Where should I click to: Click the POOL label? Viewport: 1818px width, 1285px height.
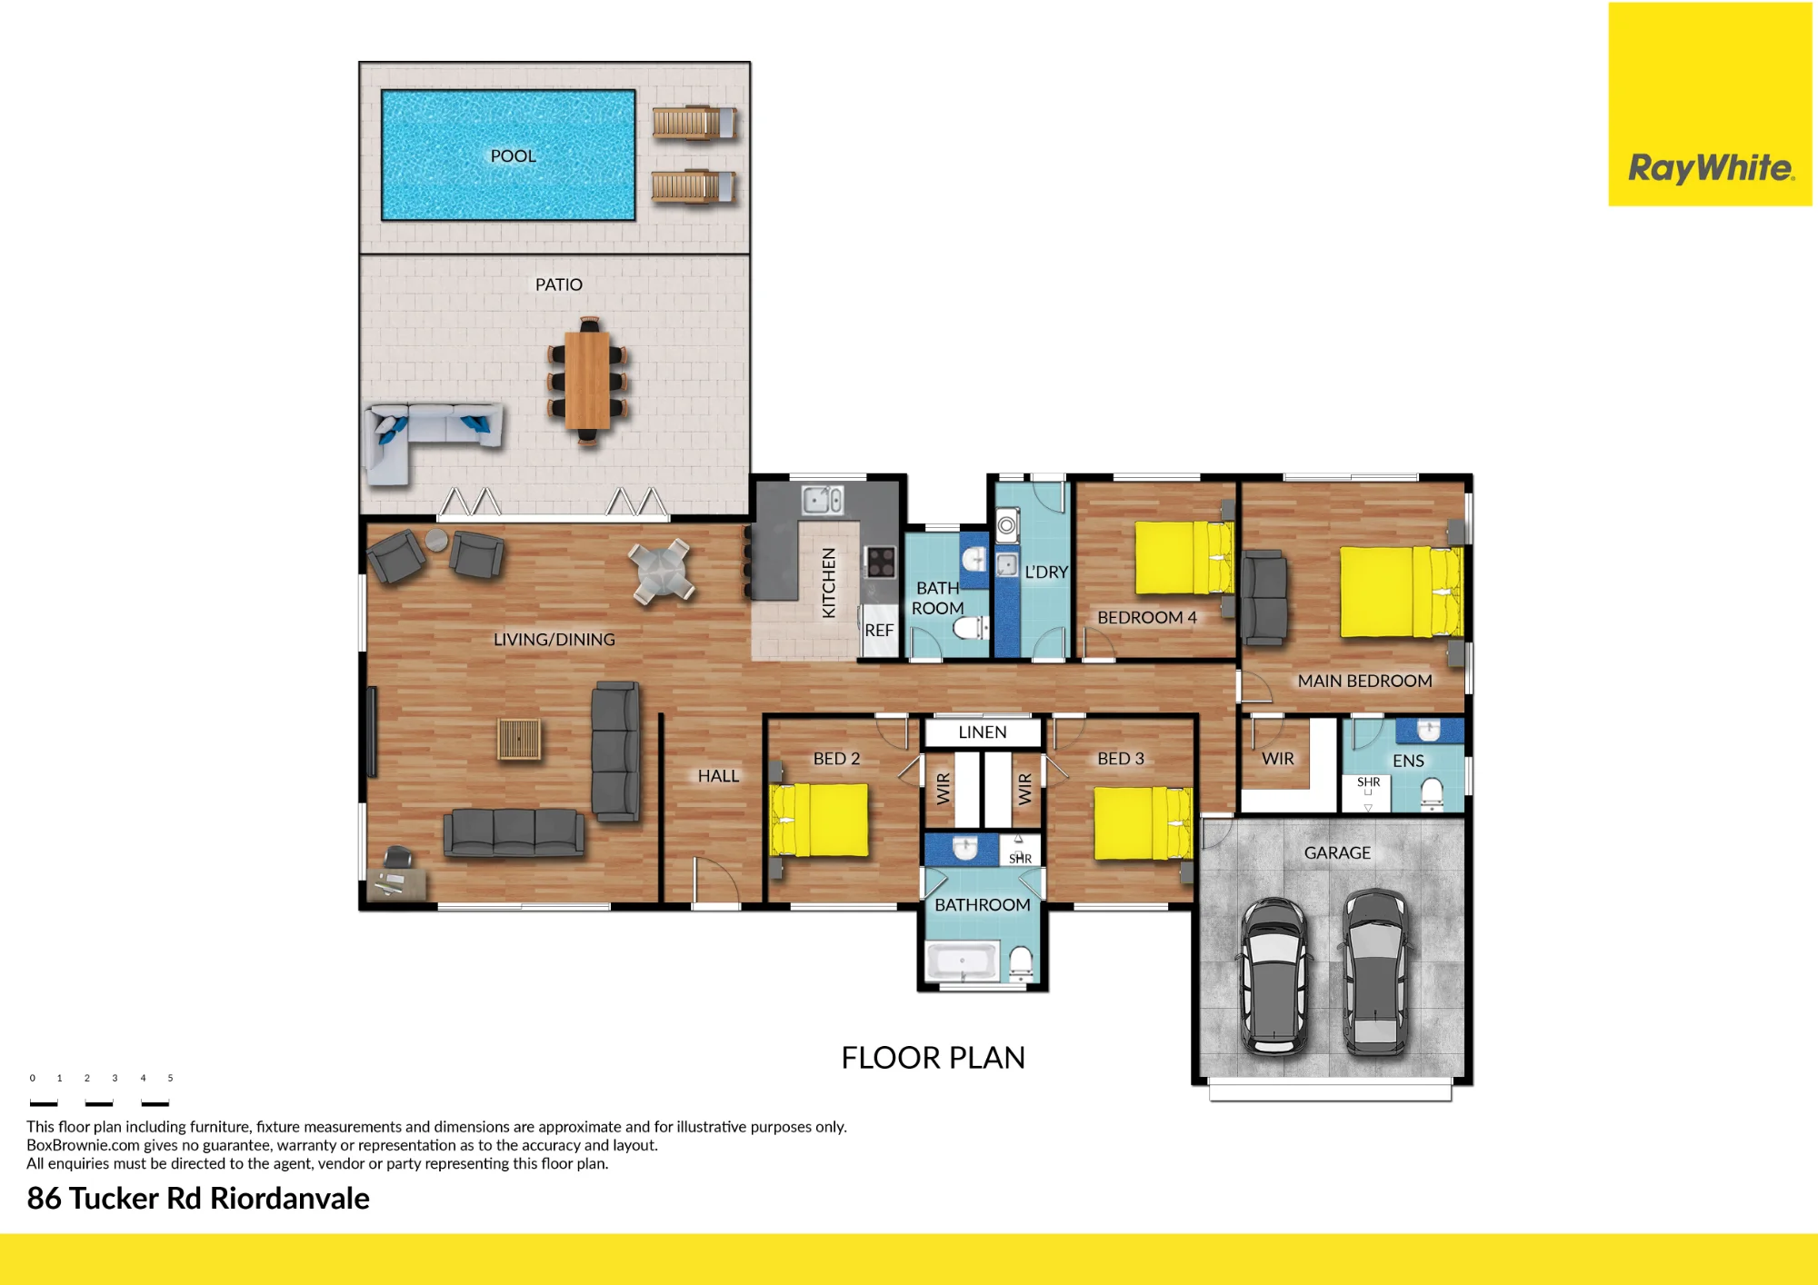pyautogui.click(x=513, y=156)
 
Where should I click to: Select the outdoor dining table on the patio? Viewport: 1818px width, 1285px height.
pyautogui.click(x=587, y=381)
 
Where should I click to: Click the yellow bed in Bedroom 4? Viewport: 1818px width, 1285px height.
pyautogui.click(x=1183, y=557)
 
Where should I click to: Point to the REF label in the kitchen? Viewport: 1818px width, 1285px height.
pyautogui.click(x=879, y=630)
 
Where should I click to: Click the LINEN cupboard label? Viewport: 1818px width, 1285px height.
pyautogui.click(x=983, y=732)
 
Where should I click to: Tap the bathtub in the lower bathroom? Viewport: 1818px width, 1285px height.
pyautogui.click(x=962, y=961)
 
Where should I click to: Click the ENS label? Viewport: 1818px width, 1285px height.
pyautogui.click(x=1408, y=761)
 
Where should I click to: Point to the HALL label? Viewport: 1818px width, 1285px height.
pyautogui.click(x=718, y=776)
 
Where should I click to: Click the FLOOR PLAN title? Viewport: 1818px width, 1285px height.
pyautogui.click(x=933, y=1058)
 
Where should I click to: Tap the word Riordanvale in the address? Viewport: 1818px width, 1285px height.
pyautogui.click(x=290, y=1199)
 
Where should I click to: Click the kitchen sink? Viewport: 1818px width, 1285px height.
pyautogui.click(x=823, y=500)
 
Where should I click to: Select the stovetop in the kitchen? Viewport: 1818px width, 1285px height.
pyautogui.click(x=880, y=562)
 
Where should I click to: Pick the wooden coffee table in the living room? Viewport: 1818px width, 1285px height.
pyautogui.click(x=519, y=739)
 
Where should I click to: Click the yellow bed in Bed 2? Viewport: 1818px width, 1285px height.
pyautogui.click(x=819, y=820)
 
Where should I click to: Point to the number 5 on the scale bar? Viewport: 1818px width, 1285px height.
pyautogui.click(x=170, y=1078)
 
